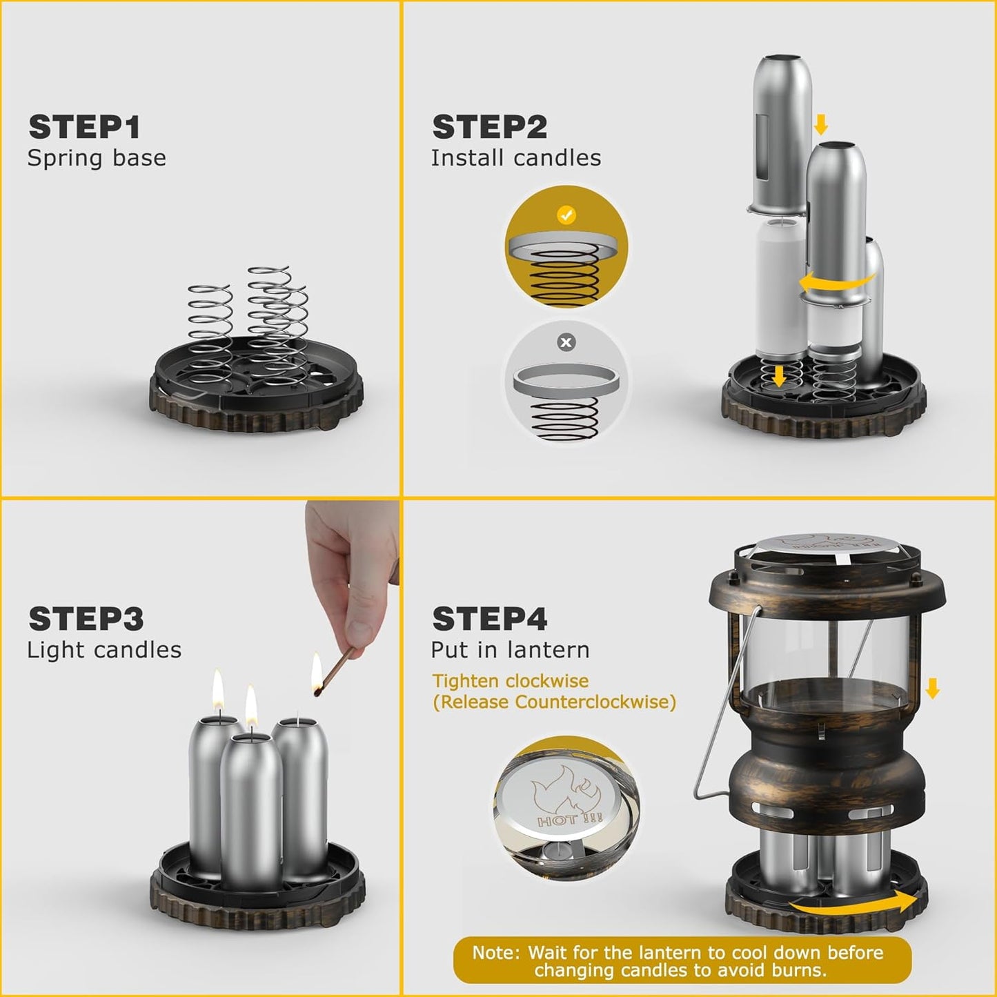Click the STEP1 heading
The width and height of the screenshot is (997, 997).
(84, 128)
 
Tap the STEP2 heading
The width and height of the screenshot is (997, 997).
(489, 128)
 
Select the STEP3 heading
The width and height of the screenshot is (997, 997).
(86, 619)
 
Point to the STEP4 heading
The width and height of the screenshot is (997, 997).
(489, 619)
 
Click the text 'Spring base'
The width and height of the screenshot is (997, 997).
(97, 158)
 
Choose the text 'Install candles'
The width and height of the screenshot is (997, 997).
(515, 158)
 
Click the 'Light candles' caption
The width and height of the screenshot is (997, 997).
(104, 650)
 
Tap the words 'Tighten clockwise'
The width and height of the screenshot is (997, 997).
(510, 681)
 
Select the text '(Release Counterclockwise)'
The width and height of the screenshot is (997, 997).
(554, 702)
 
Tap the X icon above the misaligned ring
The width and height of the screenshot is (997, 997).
(566, 342)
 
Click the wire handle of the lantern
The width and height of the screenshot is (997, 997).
(721, 711)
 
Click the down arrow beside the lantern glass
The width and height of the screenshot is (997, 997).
(932, 688)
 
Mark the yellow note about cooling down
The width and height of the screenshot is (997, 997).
(681, 961)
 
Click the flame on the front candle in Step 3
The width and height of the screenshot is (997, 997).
(251, 707)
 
